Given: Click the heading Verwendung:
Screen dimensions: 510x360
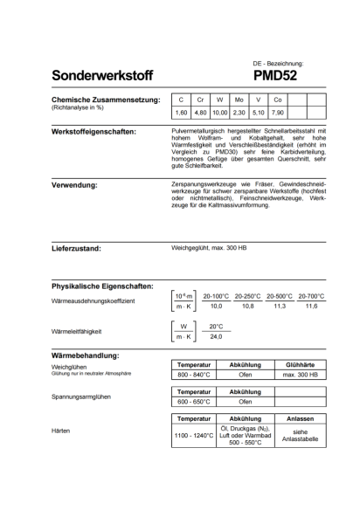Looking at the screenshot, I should [x=73, y=185].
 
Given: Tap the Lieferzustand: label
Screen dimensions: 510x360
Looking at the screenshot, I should [x=77, y=249].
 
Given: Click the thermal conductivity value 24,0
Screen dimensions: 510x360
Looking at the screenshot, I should [x=216, y=336].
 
